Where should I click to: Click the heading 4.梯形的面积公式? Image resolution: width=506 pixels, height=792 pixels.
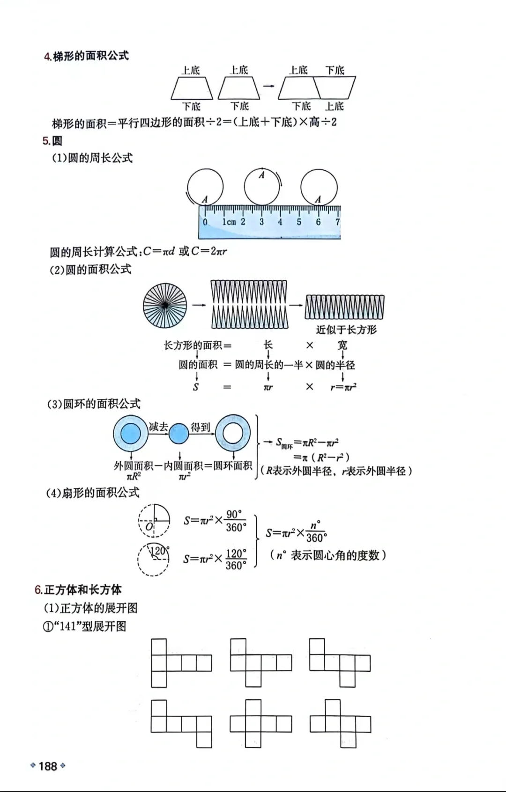pos(86,56)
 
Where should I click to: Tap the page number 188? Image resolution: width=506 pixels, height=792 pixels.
pos(48,766)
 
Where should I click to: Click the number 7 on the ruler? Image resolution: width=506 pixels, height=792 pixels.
pos(337,222)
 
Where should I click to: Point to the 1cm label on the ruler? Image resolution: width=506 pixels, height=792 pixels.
pos(229,222)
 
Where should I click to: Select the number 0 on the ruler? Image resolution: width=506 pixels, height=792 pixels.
pos(205,222)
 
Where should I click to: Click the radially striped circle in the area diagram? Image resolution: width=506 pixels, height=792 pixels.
pos(165,305)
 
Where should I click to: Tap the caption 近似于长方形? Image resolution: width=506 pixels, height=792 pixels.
pos(346,330)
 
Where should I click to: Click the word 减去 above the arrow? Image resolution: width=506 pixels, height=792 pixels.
pos(158,427)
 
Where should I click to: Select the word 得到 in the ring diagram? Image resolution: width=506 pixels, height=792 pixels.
pos(200,427)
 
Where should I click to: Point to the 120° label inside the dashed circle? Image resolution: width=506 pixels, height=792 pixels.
pos(160,551)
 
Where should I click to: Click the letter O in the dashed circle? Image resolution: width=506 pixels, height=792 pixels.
pos(149,527)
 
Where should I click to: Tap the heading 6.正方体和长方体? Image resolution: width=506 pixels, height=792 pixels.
pos(78,590)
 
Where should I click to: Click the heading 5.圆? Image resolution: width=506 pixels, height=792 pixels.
pos(52,141)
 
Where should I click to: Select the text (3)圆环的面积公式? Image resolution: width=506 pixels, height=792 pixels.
pos(94,404)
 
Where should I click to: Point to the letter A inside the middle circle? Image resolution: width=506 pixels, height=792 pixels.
pos(261,175)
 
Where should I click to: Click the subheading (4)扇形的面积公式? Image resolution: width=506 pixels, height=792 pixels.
pos(93,493)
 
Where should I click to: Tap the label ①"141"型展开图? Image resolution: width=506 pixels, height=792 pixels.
pos(85,626)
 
